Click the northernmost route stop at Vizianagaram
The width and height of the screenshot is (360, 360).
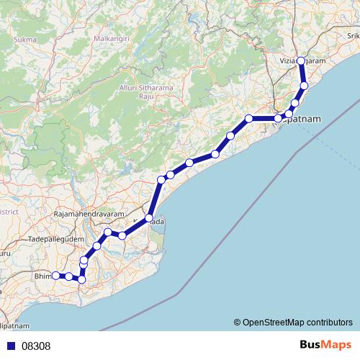pyautogui.click(x=301, y=60)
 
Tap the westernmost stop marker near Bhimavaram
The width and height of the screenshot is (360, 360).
pyautogui.click(x=55, y=275)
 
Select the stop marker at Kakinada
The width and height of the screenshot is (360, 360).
pyautogui.click(x=149, y=217)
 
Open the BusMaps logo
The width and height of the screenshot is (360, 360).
pyautogui.click(x=324, y=346)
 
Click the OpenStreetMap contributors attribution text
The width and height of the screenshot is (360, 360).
pyautogui.click(x=299, y=322)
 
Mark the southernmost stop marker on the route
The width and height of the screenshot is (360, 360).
pyautogui.click(x=81, y=279)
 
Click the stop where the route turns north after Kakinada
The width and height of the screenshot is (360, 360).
pyautogui.click(x=162, y=179)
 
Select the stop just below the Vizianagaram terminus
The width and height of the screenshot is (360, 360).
pyautogui.click(x=304, y=86)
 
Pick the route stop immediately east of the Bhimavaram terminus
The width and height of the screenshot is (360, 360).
pyautogui.click(x=68, y=276)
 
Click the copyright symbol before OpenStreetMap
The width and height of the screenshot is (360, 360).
pyautogui.click(x=238, y=322)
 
